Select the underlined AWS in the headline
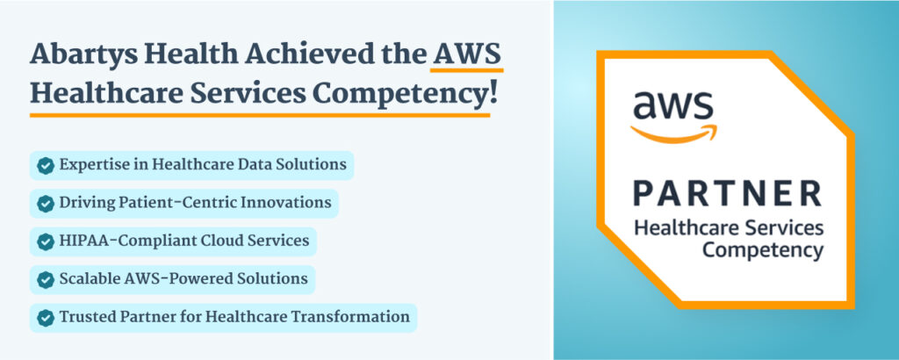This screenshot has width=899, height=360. [467, 54]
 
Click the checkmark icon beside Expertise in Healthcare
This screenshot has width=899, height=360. [46, 166]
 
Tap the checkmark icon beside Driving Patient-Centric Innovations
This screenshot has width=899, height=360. [46, 204]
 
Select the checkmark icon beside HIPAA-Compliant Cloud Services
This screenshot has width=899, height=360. [46, 241]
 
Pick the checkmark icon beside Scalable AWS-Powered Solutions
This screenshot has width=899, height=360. [46, 280]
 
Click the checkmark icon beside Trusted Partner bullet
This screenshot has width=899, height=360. [46, 318]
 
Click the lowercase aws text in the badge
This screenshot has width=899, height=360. [673, 106]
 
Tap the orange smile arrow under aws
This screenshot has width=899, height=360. [673, 133]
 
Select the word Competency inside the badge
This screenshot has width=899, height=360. [763, 250]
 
